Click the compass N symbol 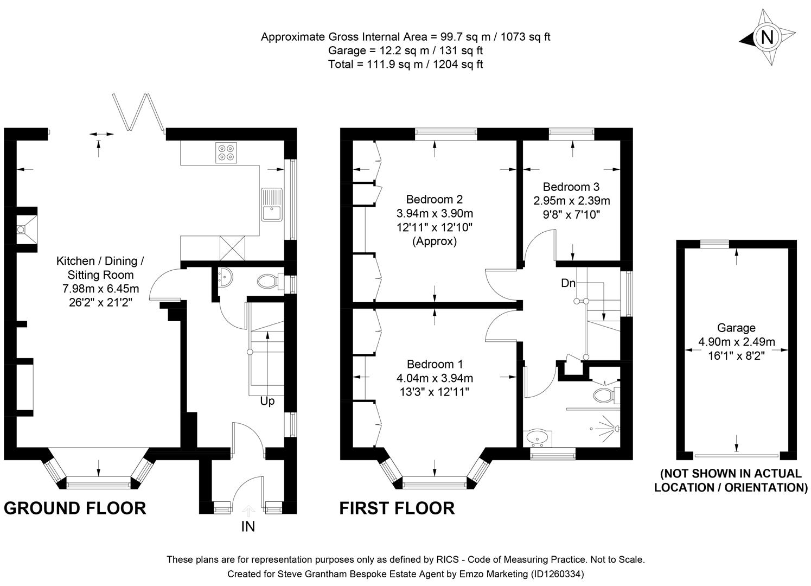click(767, 37)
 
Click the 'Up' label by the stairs click(267, 402)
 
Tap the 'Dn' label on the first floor click(568, 283)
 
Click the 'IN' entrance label click(248, 526)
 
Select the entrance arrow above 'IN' click(248, 511)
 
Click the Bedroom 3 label click(571, 187)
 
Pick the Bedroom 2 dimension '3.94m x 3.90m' click(435, 213)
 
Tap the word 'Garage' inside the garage click(736, 328)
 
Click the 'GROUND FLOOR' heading click(75, 508)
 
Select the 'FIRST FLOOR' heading click(397, 508)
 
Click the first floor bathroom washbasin click(538, 436)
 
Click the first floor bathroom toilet click(605, 394)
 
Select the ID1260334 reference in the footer click(558, 574)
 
